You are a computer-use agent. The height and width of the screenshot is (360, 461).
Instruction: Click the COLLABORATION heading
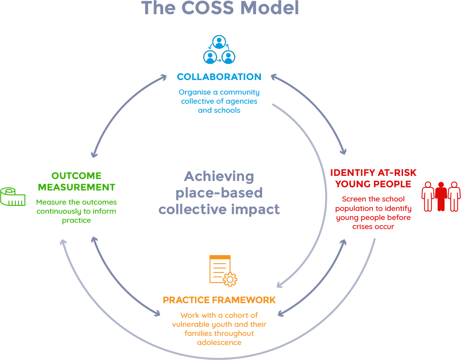[219, 77]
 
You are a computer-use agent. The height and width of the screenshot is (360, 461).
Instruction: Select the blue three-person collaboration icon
[219, 50]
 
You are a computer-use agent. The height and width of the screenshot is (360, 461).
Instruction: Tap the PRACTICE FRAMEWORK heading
[219, 300]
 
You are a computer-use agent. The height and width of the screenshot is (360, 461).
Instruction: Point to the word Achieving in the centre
[219, 176]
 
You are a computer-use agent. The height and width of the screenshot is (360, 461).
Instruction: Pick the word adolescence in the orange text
[219, 343]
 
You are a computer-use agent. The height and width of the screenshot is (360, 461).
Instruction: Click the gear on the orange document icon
[230, 279]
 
